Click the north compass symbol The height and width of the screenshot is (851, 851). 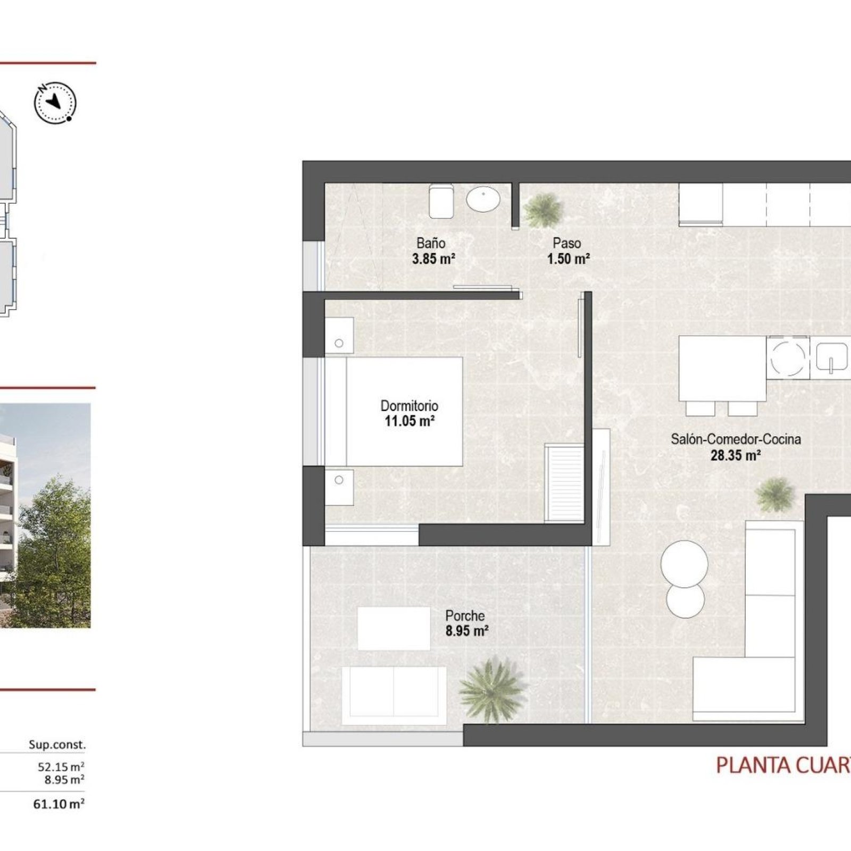[55, 103]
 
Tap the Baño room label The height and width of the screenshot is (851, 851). [431, 243]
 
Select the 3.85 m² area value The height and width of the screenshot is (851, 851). [433, 259]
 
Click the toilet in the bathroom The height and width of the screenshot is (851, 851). [441, 201]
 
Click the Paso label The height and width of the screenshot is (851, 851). [566, 243]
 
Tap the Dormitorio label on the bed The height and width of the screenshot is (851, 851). [409, 406]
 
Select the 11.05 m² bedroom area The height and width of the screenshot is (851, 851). [410, 422]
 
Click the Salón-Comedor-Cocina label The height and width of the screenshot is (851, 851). [736, 439]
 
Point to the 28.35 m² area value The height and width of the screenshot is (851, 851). [736, 455]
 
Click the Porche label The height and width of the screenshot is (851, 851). [465, 616]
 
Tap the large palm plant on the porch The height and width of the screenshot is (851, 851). [493, 690]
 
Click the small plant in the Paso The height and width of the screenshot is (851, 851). [543, 210]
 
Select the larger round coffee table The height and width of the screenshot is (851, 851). [685, 564]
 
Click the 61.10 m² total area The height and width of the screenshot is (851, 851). [59, 804]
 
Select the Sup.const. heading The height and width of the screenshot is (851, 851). [57, 745]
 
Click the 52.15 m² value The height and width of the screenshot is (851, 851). [61, 766]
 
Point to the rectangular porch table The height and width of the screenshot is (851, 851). [394, 628]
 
